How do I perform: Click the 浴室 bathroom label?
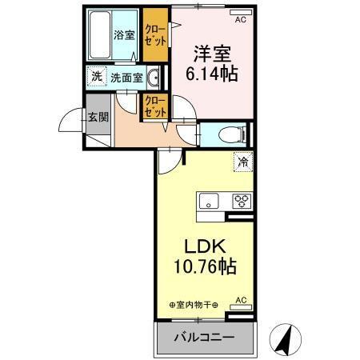click(123, 35)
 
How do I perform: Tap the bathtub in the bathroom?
click(99, 34)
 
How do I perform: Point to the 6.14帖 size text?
click(212, 74)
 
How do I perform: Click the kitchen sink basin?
click(210, 201)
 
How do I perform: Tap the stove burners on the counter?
click(242, 201)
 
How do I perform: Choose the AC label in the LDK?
click(241, 301)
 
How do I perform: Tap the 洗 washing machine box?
click(96, 77)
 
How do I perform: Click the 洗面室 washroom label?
click(126, 78)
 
